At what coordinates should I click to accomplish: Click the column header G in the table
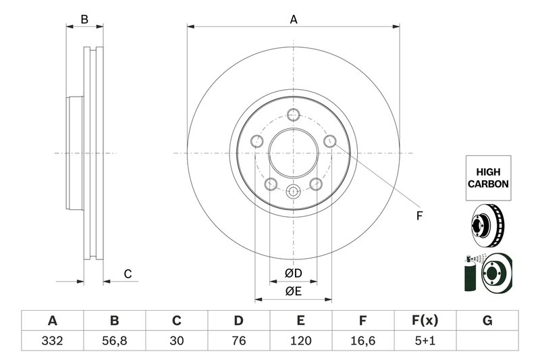[487, 320]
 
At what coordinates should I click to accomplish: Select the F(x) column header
[425, 320]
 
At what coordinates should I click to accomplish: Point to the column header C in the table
[176, 320]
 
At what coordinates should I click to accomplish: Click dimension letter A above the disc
[294, 20]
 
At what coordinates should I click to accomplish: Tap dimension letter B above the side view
[84, 20]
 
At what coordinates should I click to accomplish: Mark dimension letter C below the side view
[127, 274]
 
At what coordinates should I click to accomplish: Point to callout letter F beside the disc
[418, 216]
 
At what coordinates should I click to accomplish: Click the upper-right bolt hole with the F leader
[330, 140]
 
